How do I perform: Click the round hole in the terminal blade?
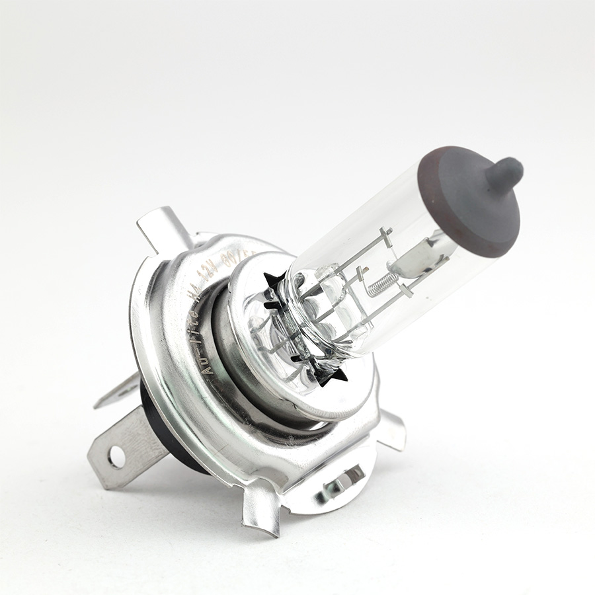pyautogui.click(x=116, y=456)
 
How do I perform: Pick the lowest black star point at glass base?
pyautogui.click(x=337, y=377)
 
